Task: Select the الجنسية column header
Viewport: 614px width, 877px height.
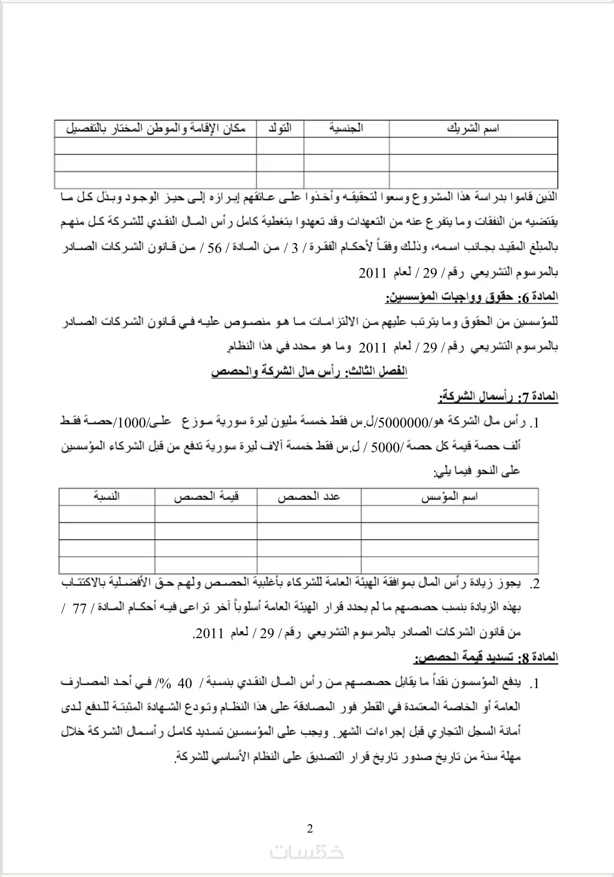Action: coord(346,128)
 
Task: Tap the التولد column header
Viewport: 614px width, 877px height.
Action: coord(280,128)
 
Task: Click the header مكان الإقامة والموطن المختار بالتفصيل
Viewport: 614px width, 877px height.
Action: coord(155,129)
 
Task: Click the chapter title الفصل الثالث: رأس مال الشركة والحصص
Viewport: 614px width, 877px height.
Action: coord(309,371)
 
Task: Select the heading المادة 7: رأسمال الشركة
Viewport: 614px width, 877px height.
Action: coord(498,397)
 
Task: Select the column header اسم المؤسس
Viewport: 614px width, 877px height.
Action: coord(449,497)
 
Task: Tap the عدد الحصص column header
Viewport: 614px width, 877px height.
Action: coord(309,497)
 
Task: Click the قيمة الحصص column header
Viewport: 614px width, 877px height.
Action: coord(206,497)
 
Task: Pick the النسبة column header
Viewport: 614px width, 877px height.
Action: coord(107,497)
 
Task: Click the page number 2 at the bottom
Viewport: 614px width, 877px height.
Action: coord(310,829)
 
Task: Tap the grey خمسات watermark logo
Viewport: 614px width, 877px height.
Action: coord(307,852)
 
